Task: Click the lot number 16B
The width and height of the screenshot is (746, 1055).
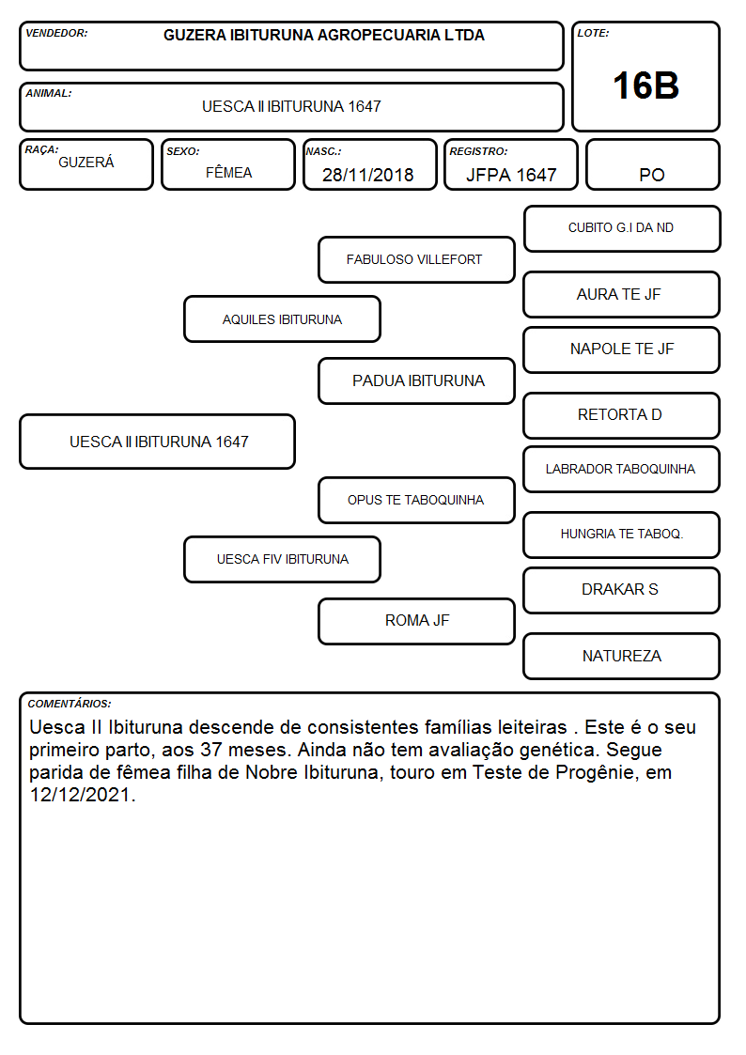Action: point(645,86)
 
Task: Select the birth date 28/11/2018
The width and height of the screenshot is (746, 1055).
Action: point(368,175)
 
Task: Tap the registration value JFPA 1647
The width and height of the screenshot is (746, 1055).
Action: point(511,175)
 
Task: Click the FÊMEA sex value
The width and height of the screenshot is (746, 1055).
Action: point(228,173)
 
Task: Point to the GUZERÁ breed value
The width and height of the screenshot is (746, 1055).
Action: point(86,163)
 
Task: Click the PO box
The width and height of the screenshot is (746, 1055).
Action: point(652,164)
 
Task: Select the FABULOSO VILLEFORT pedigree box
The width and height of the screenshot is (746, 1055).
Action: point(416,259)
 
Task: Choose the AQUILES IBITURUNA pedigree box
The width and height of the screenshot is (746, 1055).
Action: point(283,319)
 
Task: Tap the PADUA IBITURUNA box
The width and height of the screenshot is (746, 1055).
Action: point(416,380)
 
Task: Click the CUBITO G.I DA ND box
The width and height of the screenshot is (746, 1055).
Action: point(622,229)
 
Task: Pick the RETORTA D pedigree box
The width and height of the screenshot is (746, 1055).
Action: point(622,416)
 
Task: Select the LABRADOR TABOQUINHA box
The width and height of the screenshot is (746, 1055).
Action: point(622,470)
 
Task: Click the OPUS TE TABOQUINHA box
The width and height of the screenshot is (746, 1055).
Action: point(416,501)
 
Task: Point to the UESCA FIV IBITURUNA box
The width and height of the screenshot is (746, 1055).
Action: point(283,560)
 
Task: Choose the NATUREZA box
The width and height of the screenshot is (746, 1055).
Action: point(622,656)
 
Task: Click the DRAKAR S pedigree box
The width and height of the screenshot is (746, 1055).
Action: point(622,590)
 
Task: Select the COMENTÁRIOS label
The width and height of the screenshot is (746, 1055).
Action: point(70,704)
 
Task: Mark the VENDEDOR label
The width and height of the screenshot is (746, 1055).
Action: point(56,33)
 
